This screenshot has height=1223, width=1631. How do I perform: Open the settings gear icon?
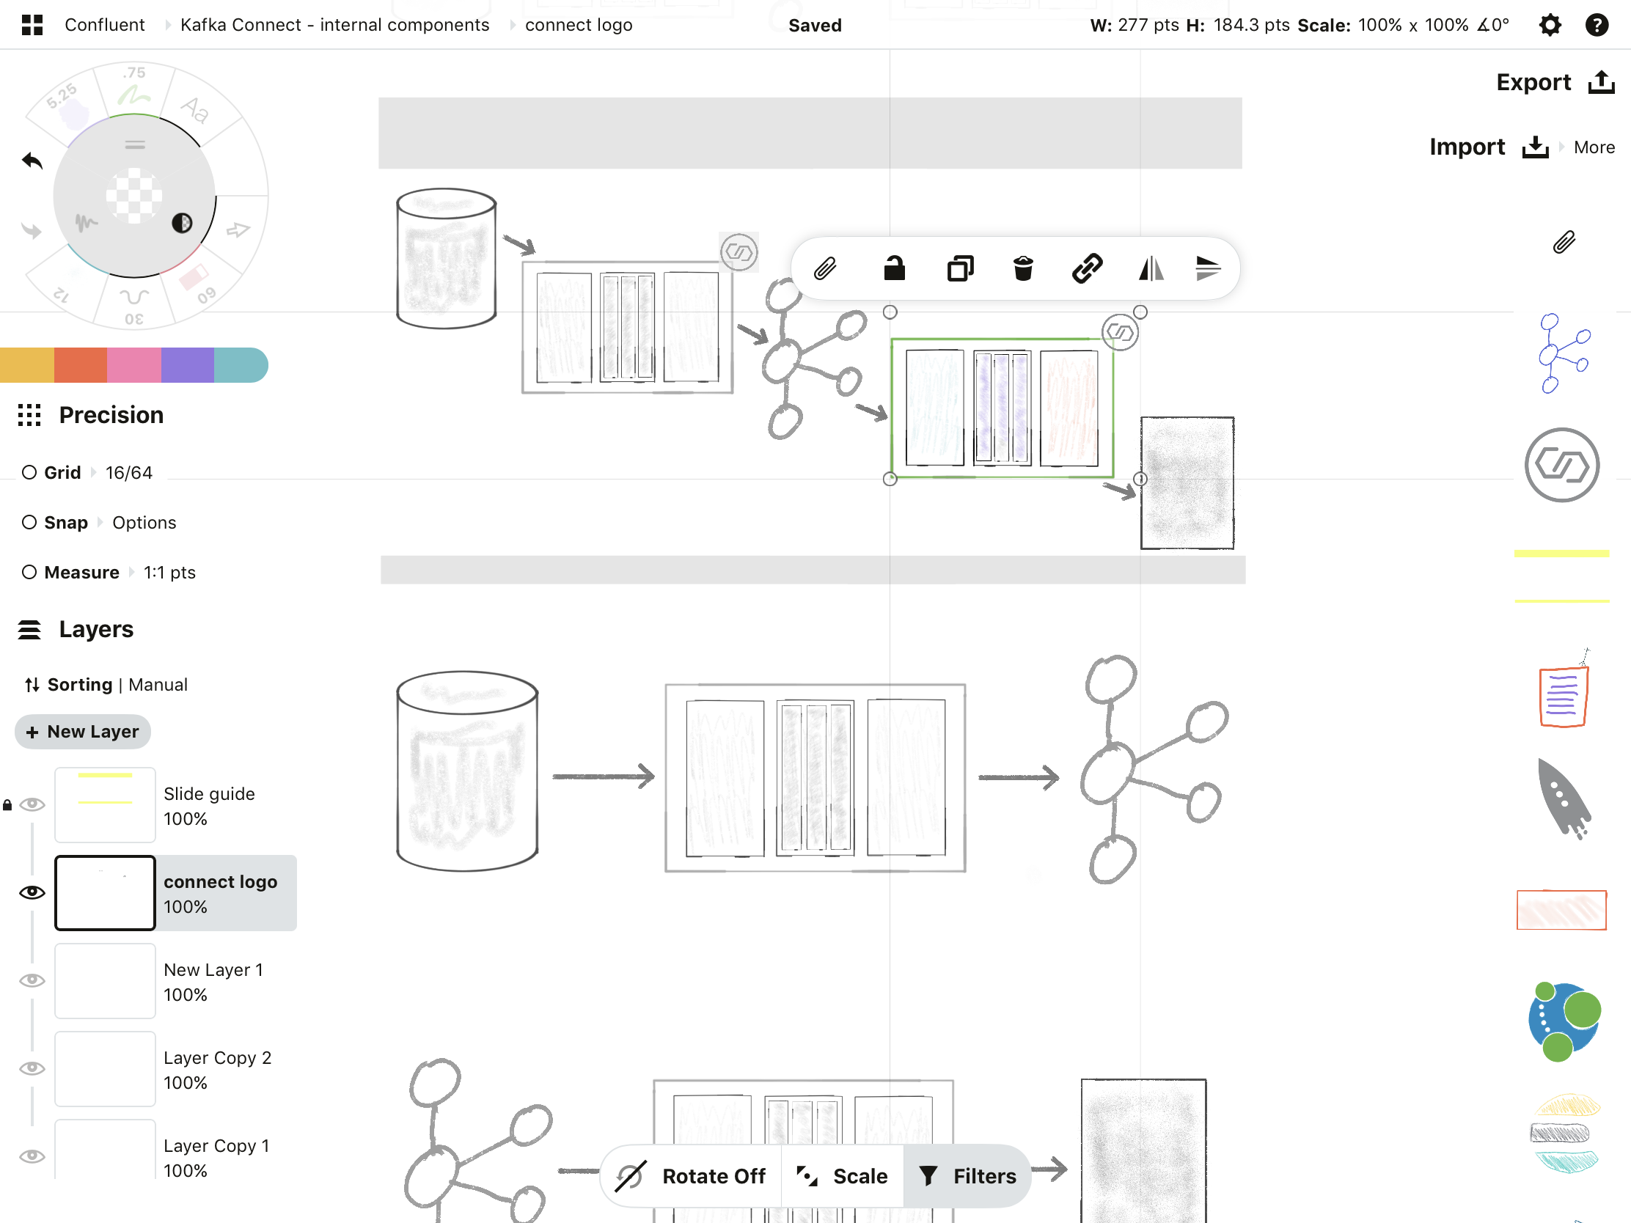click(1550, 25)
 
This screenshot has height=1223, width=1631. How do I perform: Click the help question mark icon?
click(1597, 25)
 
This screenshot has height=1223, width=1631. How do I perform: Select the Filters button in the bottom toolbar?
click(968, 1176)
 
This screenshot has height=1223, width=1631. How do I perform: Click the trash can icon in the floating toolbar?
click(1023, 268)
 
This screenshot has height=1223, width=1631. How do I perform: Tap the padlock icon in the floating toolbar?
click(894, 268)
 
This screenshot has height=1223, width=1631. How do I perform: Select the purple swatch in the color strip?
click(187, 365)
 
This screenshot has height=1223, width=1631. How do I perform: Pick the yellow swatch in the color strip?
click(26, 365)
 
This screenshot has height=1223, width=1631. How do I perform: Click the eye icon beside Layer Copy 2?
click(32, 1068)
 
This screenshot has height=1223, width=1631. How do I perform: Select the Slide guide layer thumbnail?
click(105, 804)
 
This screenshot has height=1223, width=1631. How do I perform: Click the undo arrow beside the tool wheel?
click(32, 161)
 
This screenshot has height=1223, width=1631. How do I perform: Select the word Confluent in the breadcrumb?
click(105, 25)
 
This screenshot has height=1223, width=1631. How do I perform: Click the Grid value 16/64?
click(129, 472)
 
